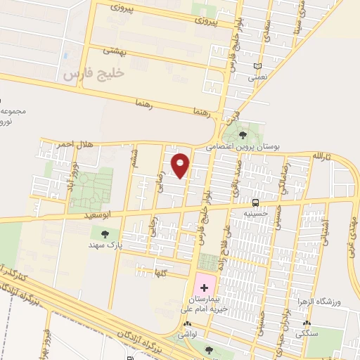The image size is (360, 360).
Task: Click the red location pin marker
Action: tap(181, 165)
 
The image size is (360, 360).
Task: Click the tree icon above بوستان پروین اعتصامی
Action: tap(243, 134)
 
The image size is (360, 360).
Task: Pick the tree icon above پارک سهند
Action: tap(105, 233)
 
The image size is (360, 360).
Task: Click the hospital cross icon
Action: tap(205, 288)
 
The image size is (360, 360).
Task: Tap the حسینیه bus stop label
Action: tap(255, 213)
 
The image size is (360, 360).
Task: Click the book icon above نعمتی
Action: tap(258, 66)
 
